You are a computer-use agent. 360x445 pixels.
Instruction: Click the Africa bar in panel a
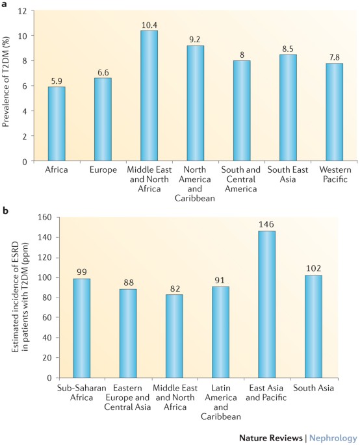(57, 123)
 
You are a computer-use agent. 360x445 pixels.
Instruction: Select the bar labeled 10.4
(149, 95)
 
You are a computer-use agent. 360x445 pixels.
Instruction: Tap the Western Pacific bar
(334, 112)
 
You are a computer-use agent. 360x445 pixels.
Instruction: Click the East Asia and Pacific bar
(266, 304)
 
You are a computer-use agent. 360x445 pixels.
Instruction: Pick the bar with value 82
(174, 336)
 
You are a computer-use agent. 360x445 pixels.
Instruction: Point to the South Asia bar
(313, 326)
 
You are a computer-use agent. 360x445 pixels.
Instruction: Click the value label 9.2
(195, 40)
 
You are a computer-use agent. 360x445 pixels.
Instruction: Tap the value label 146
(266, 225)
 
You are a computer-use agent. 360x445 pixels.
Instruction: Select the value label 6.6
(103, 73)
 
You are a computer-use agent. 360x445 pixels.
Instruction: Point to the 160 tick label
(45, 218)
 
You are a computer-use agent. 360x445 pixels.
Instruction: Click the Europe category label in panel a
(103, 170)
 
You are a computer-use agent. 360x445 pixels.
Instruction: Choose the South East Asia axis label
(288, 174)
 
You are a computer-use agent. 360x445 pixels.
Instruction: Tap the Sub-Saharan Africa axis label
(81, 392)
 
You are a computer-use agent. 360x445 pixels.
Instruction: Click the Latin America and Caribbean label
(220, 402)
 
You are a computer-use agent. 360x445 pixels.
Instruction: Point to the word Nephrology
(333, 438)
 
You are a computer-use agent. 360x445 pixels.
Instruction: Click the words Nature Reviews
(270, 438)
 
